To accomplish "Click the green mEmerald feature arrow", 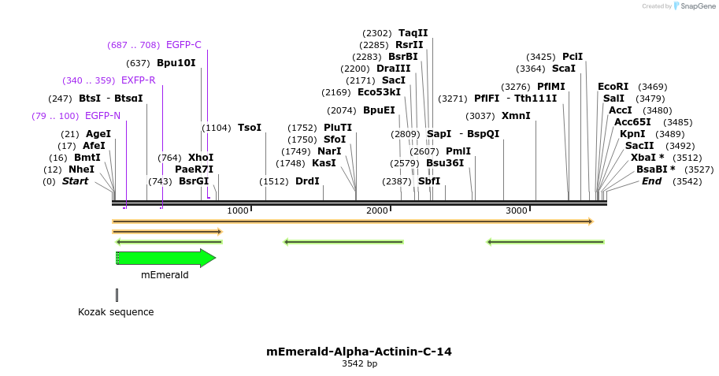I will point(165,258).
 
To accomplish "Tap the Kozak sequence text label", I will point(116,312).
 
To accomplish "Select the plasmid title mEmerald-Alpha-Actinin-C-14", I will point(359,352).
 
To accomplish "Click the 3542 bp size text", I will point(359,364).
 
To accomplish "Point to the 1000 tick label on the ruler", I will point(237,210).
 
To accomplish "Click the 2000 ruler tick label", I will point(377,210).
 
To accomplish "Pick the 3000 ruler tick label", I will point(516,210).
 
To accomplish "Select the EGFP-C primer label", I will point(183,45).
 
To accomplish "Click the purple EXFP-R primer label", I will point(138,80).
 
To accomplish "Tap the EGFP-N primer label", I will point(102,116).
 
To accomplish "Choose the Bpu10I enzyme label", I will point(176,63).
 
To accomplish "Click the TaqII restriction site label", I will point(413,33).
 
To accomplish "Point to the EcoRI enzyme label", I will point(613,87).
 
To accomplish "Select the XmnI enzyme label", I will point(516,116).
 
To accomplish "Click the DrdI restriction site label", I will point(307,181).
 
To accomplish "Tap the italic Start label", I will point(75,181).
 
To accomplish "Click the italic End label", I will point(651,181).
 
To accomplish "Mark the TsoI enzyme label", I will point(249,128).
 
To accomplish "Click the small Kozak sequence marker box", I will point(117,295).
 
